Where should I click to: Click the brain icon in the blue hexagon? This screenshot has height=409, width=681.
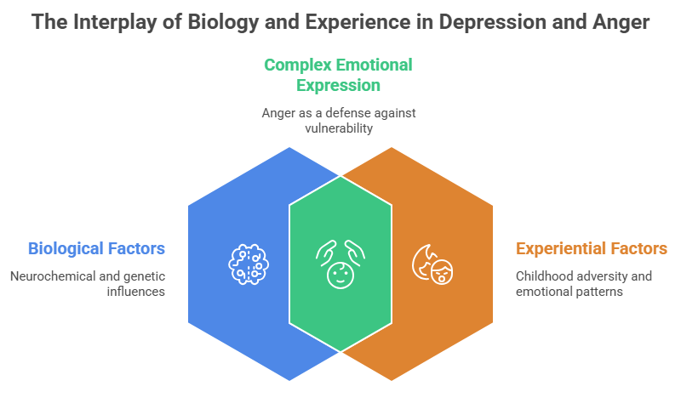click(x=248, y=263)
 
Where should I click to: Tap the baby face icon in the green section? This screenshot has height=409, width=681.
click(x=340, y=264)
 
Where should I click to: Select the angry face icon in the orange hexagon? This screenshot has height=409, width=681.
click(x=432, y=263)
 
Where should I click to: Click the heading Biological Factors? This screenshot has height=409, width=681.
click(x=96, y=248)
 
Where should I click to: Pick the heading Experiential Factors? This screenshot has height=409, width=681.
click(x=591, y=248)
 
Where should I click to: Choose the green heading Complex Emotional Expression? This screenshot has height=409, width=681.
click(x=338, y=75)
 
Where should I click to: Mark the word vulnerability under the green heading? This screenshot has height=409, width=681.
click(x=339, y=128)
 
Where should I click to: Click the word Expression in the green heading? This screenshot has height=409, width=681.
click(x=338, y=85)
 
